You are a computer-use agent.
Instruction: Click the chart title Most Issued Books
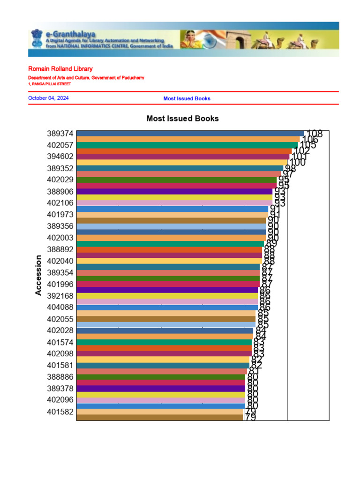point(182,119)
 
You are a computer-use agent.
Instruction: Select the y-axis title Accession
point(38,275)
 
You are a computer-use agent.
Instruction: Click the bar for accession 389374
point(190,134)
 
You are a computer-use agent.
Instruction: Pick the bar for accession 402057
point(187,145)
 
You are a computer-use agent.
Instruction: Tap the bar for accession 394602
point(183,157)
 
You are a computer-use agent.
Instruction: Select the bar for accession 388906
point(174,191)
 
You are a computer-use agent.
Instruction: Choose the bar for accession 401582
point(159,412)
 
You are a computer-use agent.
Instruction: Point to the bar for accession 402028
point(165,330)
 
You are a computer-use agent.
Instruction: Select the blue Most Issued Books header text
point(187,98)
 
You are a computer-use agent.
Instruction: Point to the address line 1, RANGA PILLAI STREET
point(49,84)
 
